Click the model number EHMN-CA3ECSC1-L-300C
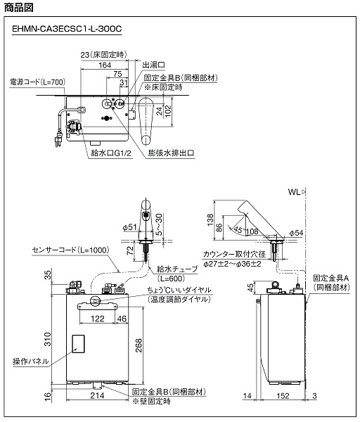[67, 29]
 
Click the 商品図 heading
[19, 7]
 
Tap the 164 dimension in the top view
[104, 65]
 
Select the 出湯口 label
[153, 65]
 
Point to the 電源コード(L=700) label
[38, 82]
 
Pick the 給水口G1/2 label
[111, 153]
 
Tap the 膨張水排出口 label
[171, 153]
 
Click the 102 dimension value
[168, 111]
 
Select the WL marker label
[295, 192]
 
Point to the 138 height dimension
[210, 219]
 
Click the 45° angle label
[239, 230]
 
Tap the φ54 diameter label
[296, 233]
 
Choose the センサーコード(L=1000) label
[70, 250]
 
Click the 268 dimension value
[138, 345]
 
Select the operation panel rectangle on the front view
[78, 344]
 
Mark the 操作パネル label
[31, 362]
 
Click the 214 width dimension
[97, 395]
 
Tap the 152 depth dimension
[283, 395]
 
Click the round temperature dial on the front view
[95, 300]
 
